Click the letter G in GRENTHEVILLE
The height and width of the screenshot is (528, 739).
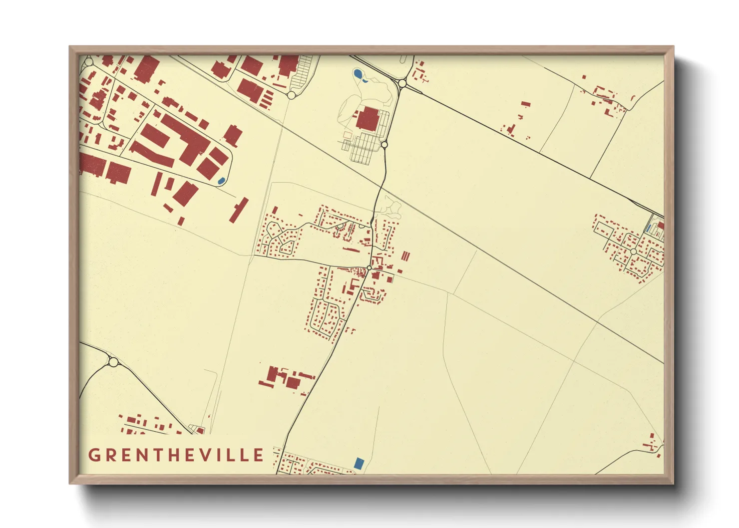point(93,455)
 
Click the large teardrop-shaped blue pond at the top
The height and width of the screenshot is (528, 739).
point(358,75)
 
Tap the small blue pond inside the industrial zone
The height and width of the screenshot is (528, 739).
point(221,180)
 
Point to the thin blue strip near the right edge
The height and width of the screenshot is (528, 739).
point(648,228)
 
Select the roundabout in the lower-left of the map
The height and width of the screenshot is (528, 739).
point(113,362)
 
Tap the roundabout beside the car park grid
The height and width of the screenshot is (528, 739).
point(384,145)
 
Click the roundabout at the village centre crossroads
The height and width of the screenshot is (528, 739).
point(369,268)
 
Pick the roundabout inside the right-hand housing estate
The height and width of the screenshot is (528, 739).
point(634,252)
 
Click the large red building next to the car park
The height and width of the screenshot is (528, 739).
point(368,119)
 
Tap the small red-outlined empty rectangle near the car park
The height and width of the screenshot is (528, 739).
point(347,135)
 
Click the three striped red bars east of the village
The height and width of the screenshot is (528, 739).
point(405,256)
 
